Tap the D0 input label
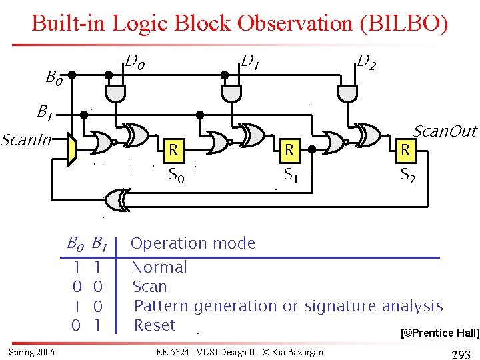[x=135, y=64]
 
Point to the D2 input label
[x=365, y=63]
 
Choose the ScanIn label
[x=26, y=141]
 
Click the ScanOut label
[x=445, y=131]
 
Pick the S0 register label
[x=176, y=177]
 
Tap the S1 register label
[x=291, y=176]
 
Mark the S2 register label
[x=408, y=177]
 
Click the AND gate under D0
[x=116, y=94]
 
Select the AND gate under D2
[x=347, y=94]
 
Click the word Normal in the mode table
[x=159, y=267]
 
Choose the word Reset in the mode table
[x=155, y=325]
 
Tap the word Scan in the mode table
[x=150, y=287]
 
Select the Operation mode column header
[x=193, y=243]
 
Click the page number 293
[x=461, y=354]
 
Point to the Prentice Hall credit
[x=438, y=333]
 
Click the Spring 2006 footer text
[x=32, y=351]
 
